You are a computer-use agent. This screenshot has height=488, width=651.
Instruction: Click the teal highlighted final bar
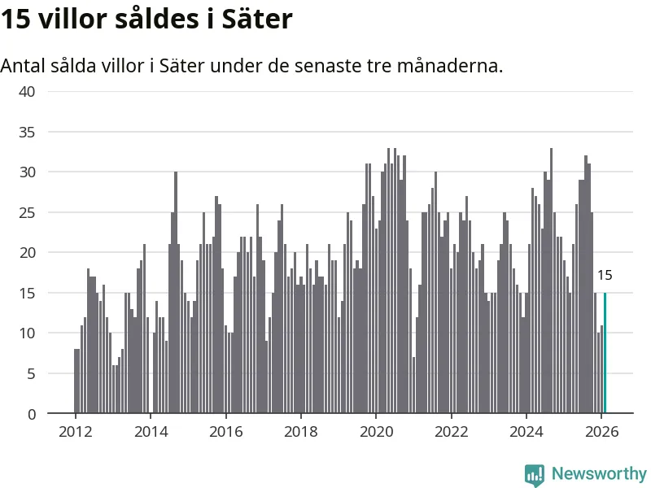point(605,353)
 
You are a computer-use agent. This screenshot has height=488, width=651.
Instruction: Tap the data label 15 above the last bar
point(605,276)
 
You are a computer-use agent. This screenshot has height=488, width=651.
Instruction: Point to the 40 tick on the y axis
point(27,91)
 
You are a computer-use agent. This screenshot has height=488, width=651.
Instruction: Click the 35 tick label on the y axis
point(27,132)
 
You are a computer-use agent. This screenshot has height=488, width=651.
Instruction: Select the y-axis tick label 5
point(31,374)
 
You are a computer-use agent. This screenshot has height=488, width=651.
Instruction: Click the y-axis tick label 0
point(31,414)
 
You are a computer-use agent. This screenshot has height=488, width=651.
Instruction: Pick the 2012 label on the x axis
point(75,431)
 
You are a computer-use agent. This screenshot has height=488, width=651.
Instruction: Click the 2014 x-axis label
point(151,431)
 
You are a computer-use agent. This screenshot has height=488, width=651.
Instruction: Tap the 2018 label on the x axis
point(301,431)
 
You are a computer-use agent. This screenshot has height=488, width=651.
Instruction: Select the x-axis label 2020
point(376,431)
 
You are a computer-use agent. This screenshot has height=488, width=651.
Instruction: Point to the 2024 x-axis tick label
point(526,431)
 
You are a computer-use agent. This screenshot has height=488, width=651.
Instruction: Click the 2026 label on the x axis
point(601,431)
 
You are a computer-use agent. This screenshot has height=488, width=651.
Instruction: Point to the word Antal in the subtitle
point(24,66)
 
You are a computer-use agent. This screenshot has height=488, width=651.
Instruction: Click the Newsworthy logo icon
point(535,474)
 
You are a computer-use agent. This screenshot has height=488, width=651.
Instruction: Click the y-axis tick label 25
point(27,212)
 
